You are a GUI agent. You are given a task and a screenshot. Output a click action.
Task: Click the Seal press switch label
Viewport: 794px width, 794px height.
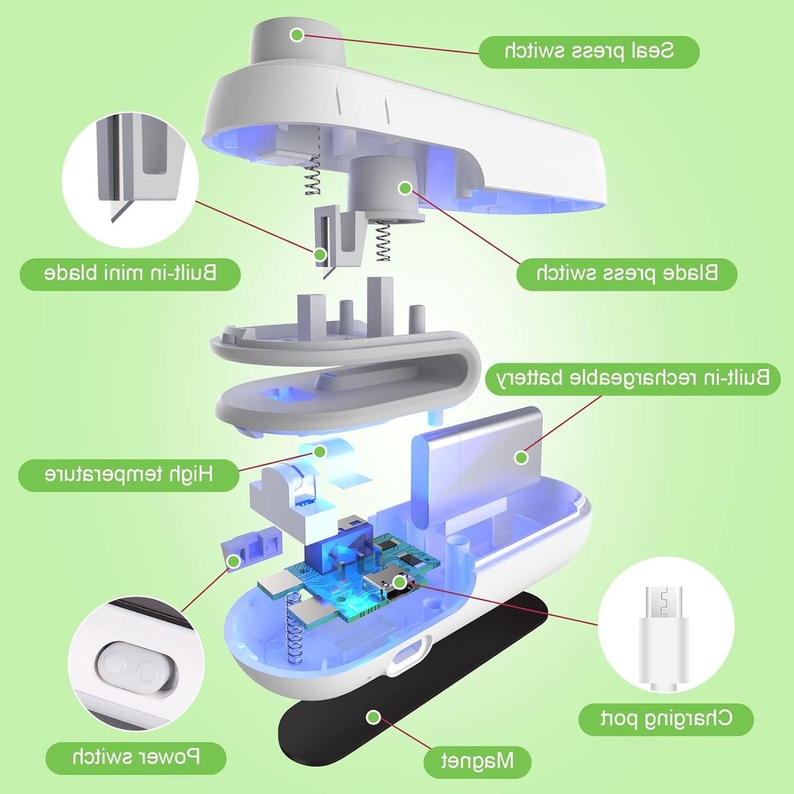pos(589,52)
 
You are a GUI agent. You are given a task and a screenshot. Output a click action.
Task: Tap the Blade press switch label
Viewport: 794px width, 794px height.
pos(627,273)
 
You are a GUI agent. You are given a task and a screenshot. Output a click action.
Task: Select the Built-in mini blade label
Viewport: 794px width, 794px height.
pos(130,273)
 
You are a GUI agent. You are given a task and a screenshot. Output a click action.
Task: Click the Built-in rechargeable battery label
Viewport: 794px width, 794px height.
pos(632,378)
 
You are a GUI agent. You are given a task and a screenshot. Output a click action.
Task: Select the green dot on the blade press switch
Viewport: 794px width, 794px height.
pos(406,189)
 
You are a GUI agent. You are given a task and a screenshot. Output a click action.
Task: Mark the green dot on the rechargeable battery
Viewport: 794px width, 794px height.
pos(521,457)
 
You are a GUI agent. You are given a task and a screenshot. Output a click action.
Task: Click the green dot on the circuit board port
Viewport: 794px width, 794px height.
pos(399,582)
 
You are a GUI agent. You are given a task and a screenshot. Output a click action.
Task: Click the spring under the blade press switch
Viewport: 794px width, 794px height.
pos(383,241)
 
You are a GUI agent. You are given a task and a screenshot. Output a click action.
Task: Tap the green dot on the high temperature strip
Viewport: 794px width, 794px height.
pos(320,452)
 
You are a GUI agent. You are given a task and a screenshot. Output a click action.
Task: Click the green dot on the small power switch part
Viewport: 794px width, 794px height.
pos(234,561)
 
